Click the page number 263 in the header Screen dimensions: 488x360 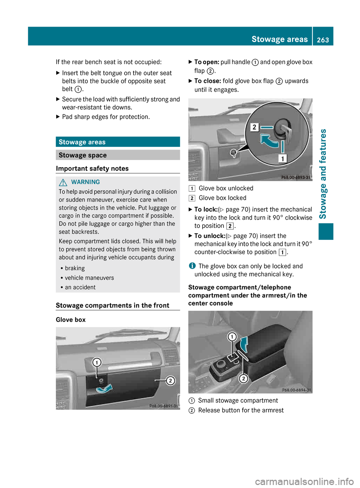coord(322,40)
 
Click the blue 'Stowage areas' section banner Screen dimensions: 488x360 coord(117,142)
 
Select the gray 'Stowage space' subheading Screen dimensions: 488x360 coord(117,155)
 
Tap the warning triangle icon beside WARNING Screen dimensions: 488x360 coord(63,182)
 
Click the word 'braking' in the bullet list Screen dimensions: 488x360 coord(75,268)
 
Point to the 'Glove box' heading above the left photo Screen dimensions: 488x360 coord(70,320)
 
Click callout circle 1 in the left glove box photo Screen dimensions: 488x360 coord(97,362)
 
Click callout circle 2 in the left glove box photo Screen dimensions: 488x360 coord(170,381)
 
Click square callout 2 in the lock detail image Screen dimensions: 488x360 coord(254,127)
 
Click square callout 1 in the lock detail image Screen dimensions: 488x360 coord(282,159)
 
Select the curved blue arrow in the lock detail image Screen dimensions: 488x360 coord(269,142)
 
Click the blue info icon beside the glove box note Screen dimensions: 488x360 coord(192,266)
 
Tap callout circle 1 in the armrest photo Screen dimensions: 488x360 coord(232,337)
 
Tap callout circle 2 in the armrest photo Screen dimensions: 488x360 coord(243,379)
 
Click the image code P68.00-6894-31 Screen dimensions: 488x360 coord(296,390)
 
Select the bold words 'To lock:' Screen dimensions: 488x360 coord(205,210)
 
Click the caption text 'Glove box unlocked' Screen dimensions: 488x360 coord(226,188)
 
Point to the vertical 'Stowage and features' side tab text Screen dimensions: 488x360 coord(322,174)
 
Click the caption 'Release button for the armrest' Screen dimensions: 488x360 coord(241,410)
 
